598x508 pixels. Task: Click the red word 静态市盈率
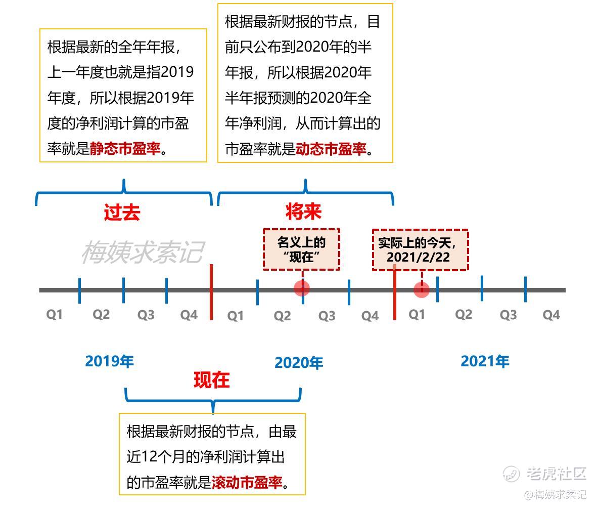tap(125, 148)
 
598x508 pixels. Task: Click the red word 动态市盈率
tap(332, 148)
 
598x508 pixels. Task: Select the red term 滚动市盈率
tap(247, 482)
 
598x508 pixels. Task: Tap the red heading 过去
tap(122, 212)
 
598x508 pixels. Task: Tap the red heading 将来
tap(304, 211)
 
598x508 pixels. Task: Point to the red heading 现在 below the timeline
tap(212, 380)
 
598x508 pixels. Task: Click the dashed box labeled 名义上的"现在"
tap(301, 249)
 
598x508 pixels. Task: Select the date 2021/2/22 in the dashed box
tap(419, 257)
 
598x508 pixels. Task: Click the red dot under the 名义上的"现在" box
tap(302, 288)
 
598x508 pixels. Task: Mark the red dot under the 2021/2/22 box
tap(422, 290)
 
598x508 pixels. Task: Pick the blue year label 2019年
tap(110, 361)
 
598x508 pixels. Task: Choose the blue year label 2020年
tap(299, 363)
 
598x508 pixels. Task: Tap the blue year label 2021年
tap(485, 361)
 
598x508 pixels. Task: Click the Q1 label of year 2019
tap(54, 315)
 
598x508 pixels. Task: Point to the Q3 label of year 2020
tap(327, 316)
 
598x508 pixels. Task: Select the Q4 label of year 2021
tap(551, 315)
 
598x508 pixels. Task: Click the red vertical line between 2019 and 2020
tap(211, 292)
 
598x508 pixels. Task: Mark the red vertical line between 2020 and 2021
tap(395, 292)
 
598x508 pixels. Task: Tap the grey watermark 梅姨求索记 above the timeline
tap(143, 252)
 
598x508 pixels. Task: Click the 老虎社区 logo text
tap(556, 474)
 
